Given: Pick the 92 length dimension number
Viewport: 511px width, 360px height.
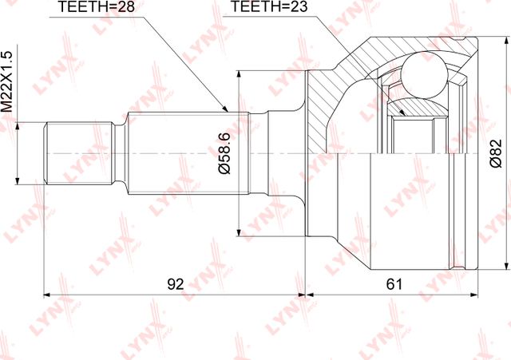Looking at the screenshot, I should (x=175, y=283).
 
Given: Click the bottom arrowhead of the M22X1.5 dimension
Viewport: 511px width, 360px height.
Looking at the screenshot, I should (x=18, y=182).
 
